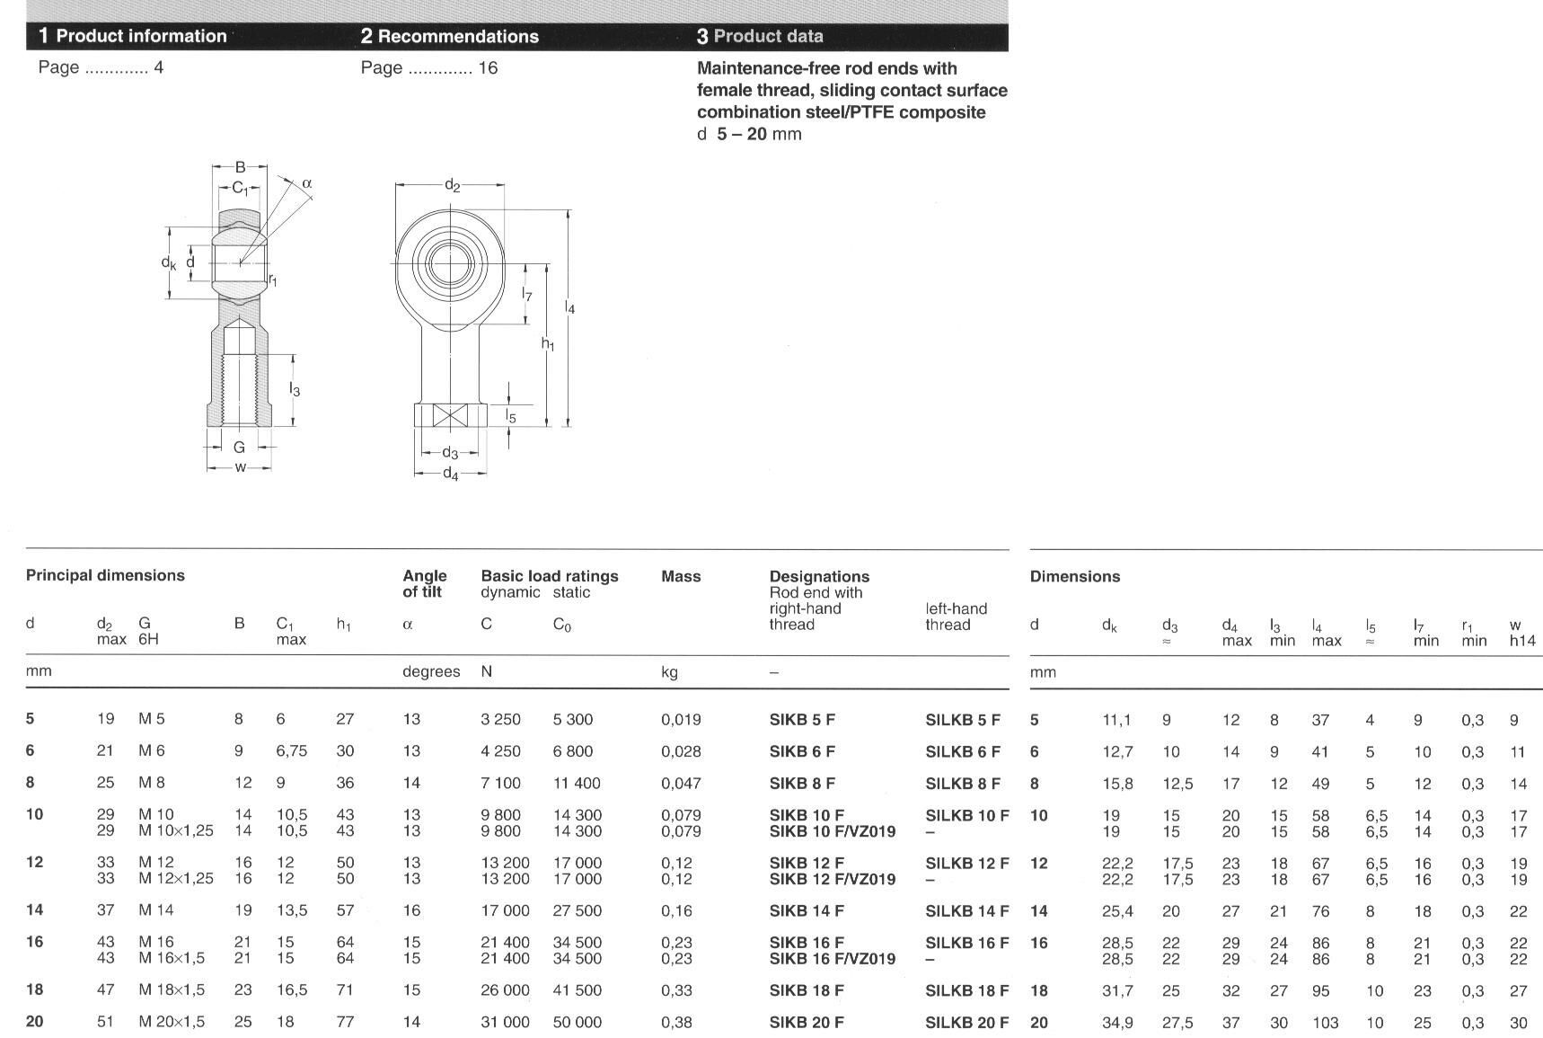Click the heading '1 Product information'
point(133,36)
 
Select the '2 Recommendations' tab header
point(450,36)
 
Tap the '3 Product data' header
point(760,36)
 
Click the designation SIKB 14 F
point(807,910)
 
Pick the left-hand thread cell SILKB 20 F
point(966,1022)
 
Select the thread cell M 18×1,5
point(172,989)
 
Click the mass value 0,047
point(681,783)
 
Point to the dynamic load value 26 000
point(505,989)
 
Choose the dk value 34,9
point(1117,1023)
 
